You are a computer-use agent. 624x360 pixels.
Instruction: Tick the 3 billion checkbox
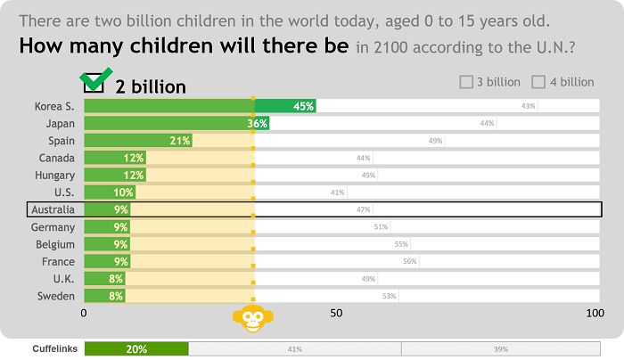point(466,82)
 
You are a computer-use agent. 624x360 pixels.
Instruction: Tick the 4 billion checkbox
point(538,82)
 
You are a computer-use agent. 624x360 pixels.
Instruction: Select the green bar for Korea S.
point(199,106)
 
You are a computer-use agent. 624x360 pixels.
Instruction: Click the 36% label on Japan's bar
point(258,124)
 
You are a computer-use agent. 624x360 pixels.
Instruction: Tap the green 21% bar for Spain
point(137,141)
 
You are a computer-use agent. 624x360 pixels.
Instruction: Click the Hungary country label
point(54,175)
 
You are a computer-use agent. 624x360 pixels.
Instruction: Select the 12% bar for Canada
point(114,158)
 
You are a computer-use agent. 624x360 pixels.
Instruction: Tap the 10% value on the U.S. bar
point(123,192)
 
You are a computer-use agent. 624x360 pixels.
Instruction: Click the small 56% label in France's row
point(410,261)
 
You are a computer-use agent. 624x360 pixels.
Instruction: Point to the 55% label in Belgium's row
point(401,244)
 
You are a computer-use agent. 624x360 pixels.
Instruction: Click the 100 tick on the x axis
point(595,314)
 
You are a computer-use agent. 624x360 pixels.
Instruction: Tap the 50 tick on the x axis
point(336,314)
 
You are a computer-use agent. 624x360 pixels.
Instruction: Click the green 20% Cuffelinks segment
point(136,349)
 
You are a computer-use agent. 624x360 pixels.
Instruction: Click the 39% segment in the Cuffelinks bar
point(500,349)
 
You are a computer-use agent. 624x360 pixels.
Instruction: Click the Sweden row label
point(56,296)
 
